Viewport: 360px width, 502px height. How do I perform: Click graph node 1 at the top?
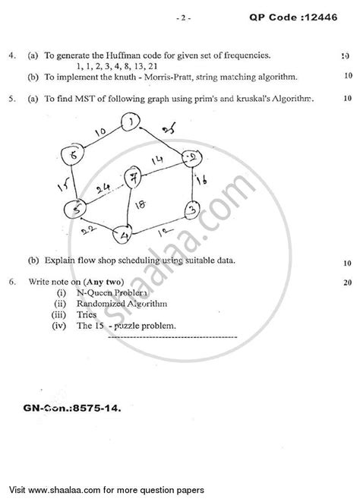pyautogui.click(x=134, y=122)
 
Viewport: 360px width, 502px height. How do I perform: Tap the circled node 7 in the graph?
pyautogui.click(x=136, y=180)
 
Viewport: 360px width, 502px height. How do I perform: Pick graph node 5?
pyautogui.click(x=74, y=208)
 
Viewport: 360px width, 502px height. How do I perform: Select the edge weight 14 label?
pyautogui.click(x=156, y=161)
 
